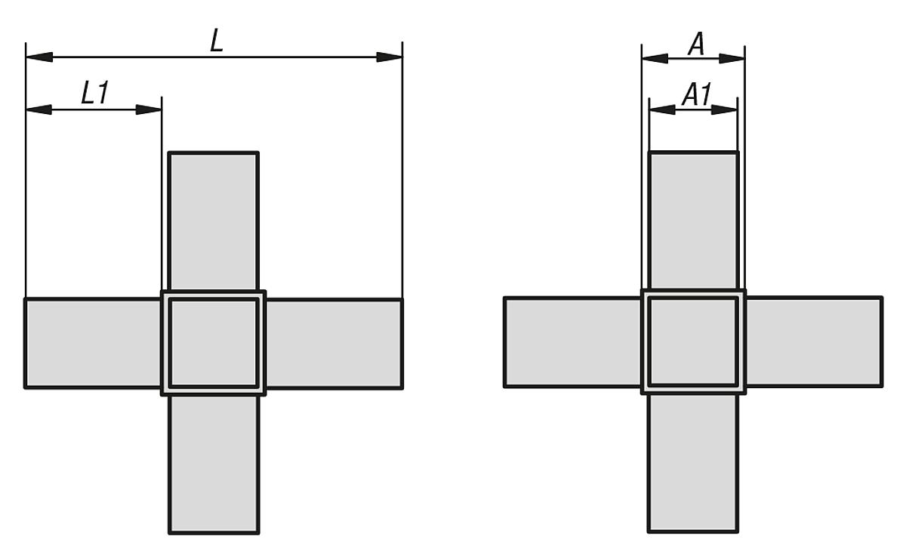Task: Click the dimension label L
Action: pos(217,40)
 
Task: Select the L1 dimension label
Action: pos(95,93)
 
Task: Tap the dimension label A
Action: pos(696,44)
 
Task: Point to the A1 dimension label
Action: pos(696,94)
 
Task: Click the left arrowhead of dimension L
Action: pos(39,57)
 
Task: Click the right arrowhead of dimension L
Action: pos(389,57)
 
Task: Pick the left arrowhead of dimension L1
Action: pos(39,109)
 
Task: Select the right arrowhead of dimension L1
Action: pos(149,109)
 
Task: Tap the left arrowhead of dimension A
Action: pos(655,59)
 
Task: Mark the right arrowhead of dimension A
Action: pos(732,59)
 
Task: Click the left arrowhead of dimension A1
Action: pos(662,109)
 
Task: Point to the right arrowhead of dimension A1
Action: pos(724,109)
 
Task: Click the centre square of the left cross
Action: pos(214,343)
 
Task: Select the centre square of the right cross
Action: pos(694,341)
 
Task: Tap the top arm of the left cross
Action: pos(214,221)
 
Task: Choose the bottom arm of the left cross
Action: pos(214,464)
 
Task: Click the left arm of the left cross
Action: pos(93,344)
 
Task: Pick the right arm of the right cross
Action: pos(814,342)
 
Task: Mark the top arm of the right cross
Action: pos(694,220)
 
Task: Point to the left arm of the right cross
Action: pos(573,342)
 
